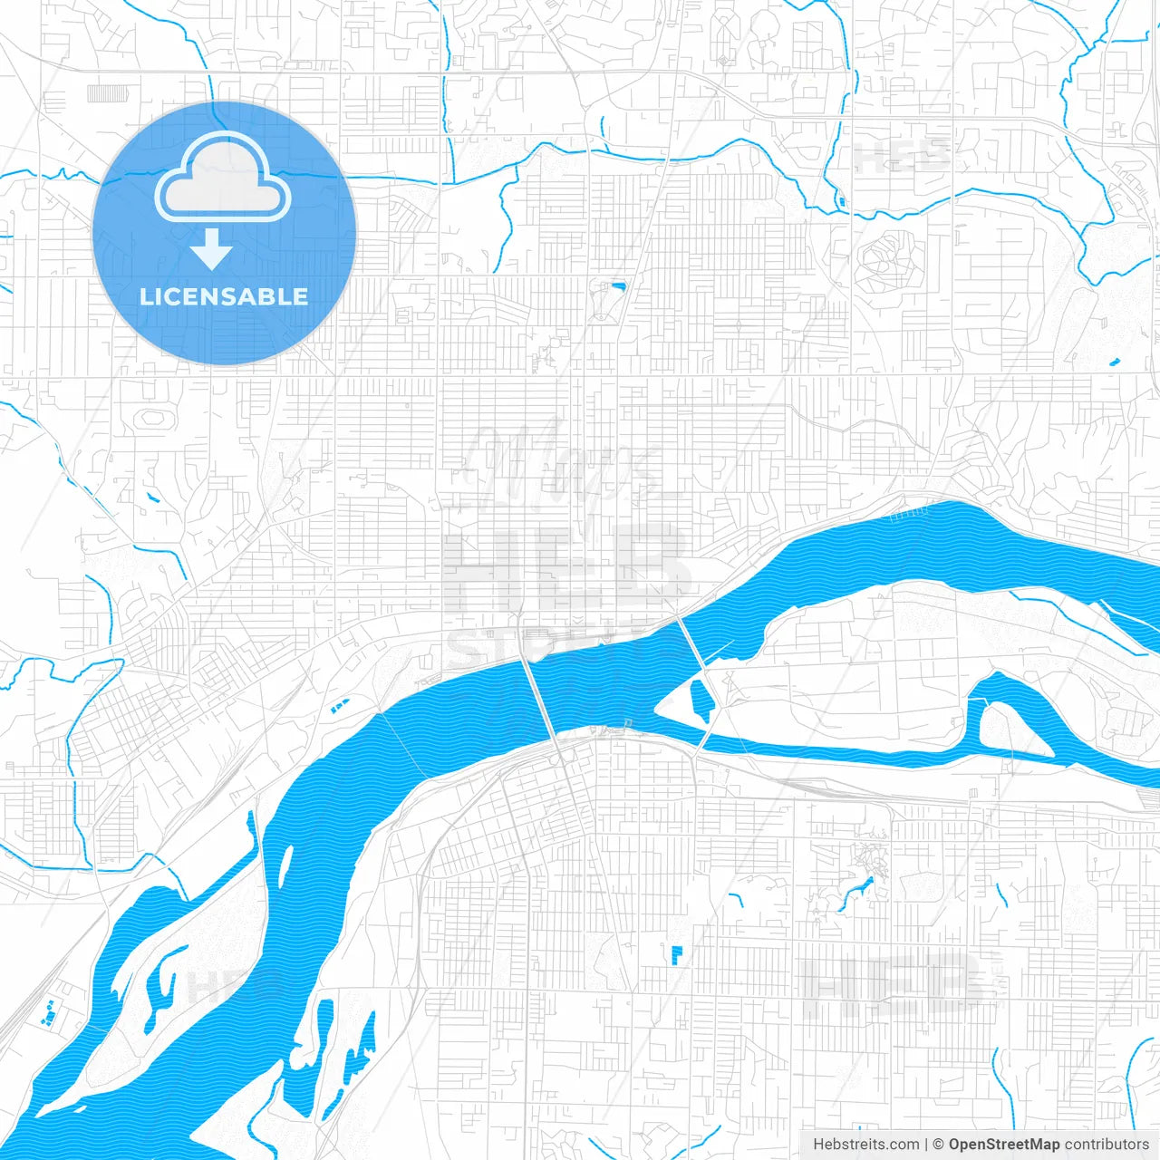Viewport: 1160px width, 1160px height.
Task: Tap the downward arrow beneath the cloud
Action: pos(211,249)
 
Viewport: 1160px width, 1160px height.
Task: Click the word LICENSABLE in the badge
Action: pos(224,296)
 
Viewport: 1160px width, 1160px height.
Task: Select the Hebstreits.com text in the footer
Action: pos(865,1145)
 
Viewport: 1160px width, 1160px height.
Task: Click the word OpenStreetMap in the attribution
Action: pos(1003,1145)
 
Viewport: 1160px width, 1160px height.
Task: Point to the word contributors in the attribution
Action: pos(1107,1145)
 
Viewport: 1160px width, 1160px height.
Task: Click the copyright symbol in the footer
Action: pos(938,1145)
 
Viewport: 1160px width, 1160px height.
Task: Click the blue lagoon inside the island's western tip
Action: pos(701,701)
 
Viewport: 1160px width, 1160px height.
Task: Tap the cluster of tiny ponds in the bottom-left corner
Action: pos(50,1012)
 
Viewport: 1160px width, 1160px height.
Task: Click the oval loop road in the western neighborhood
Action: pos(154,420)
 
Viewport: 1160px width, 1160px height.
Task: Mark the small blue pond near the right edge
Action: pos(1114,363)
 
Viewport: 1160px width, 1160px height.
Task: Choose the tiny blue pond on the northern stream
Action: pos(842,200)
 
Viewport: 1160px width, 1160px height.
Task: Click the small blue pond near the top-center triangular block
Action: pos(619,287)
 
